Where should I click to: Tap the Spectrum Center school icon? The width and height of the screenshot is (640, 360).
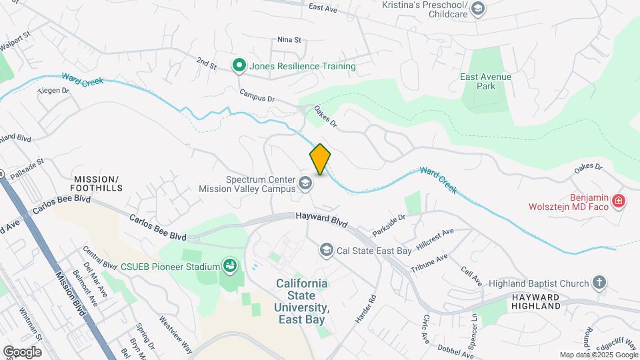tap(305, 183)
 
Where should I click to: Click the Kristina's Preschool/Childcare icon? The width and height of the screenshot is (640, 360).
tap(477, 9)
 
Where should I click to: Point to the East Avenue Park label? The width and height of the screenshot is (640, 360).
tap(485, 81)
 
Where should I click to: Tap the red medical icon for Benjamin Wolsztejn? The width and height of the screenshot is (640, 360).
tap(618, 200)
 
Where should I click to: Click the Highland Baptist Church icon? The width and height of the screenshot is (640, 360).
tap(599, 282)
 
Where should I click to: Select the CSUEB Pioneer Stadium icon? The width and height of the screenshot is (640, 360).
tap(230, 267)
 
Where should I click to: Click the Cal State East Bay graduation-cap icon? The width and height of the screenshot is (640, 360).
tap(326, 250)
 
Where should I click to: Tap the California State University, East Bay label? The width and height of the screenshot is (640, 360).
tap(302, 301)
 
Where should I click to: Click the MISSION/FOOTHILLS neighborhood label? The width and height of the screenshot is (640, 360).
tap(96, 184)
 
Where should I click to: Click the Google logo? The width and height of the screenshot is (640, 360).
tap(22, 351)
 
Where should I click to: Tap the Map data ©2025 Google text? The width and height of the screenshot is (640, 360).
tap(597, 355)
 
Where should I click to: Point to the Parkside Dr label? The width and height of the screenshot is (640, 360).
tap(389, 224)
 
